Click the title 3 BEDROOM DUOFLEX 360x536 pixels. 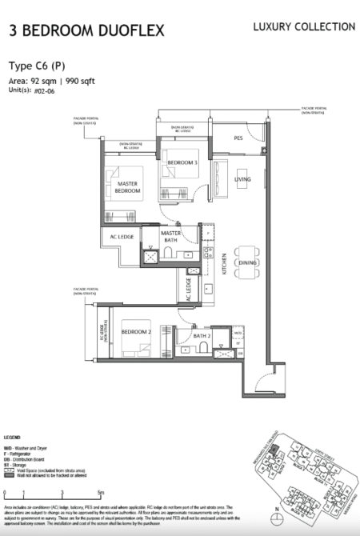pos(86,31)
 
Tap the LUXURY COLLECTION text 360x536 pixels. pos(304,27)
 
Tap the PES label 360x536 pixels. pos(238,138)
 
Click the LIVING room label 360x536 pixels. pos(242,179)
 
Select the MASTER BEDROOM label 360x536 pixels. pos(122,187)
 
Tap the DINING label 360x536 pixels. pos(247,262)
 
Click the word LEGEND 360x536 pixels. pos(12,438)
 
